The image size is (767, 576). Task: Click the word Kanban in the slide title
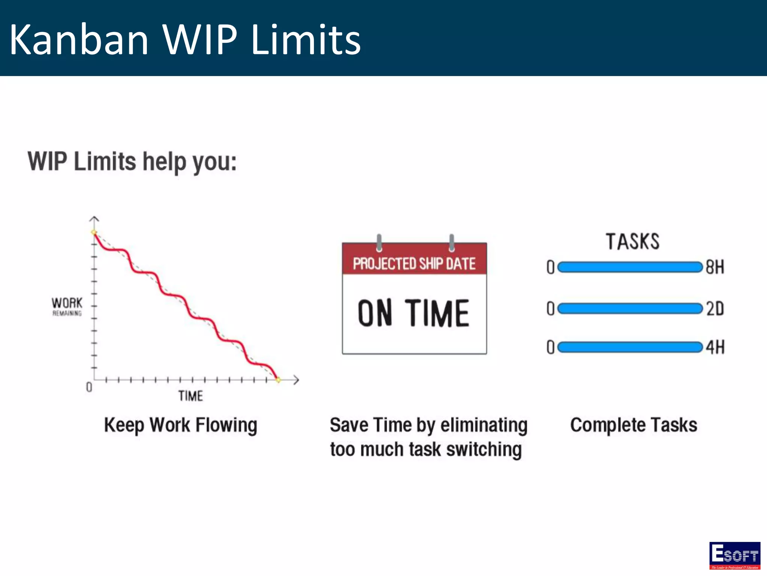tap(79, 40)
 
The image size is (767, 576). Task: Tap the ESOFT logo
tap(734, 555)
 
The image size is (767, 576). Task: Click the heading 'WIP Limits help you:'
tap(132, 162)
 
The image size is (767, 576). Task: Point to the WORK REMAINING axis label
tap(67, 306)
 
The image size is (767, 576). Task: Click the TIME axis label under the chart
tap(190, 396)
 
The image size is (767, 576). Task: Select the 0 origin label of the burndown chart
tap(89, 387)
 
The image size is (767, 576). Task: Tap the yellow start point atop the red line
tap(94, 232)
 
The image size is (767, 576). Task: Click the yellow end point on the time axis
tap(278, 380)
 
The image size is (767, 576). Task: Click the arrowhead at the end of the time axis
tap(296, 380)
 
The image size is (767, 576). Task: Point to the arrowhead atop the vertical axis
tap(94, 218)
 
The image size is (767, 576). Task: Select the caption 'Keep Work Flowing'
tap(181, 425)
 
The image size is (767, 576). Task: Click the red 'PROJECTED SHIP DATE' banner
tap(414, 263)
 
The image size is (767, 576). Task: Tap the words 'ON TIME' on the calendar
tap(413, 313)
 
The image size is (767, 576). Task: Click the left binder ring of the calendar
tap(379, 243)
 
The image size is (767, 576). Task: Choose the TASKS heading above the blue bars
tap(633, 241)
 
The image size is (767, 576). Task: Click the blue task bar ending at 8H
tap(629, 267)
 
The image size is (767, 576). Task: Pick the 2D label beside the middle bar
tap(715, 309)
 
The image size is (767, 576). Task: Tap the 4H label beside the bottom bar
tap(715, 347)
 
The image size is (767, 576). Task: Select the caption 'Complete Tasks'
tap(634, 425)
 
